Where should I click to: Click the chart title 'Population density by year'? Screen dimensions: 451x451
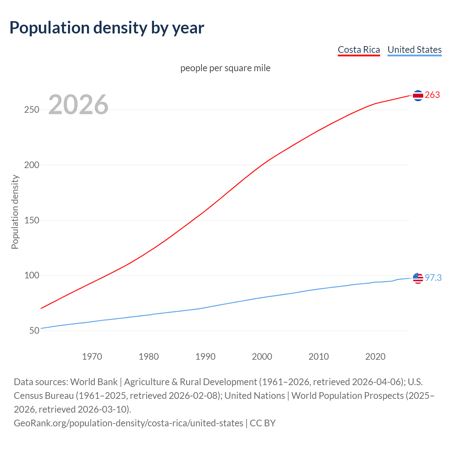coord(107,28)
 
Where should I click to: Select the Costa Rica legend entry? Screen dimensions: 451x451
coord(359,50)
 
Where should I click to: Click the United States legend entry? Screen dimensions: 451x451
coord(414,50)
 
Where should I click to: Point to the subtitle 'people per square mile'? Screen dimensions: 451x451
coord(225,68)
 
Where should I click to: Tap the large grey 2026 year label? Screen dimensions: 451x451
coord(78,105)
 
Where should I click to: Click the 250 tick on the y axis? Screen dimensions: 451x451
coord(31,110)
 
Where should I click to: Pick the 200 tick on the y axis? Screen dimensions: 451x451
coord(31,165)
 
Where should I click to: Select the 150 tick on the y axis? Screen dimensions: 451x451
coord(31,220)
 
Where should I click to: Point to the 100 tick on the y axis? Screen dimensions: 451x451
coord(31,276)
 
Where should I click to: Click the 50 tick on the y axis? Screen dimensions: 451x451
coord(34,330)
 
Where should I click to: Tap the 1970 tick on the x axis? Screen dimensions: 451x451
coord(92,357)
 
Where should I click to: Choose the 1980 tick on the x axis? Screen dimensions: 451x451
coord(149,357)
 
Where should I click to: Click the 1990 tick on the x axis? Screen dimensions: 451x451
coord(205,357)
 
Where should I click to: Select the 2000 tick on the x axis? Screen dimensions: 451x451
coord(262,357)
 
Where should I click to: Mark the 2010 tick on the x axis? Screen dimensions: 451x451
coord(319,357)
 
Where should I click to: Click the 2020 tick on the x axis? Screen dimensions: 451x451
coord(375,357)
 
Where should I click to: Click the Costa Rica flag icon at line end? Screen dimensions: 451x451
coord(418,95)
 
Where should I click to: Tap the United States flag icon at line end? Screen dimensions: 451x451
coord(418,278)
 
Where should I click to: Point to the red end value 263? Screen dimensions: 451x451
coord(432,95)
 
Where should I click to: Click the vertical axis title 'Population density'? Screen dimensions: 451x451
coord(15,212)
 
